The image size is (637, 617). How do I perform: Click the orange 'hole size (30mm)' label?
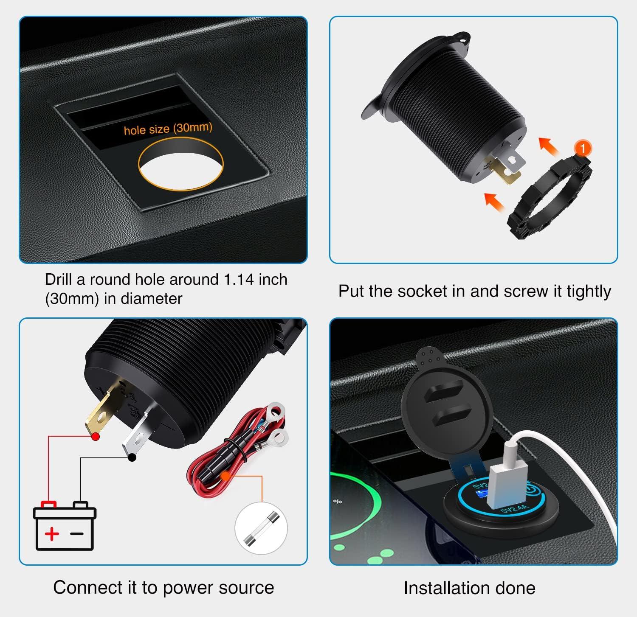(x=168, y=128)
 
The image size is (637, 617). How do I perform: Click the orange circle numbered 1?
(x=582, y=149)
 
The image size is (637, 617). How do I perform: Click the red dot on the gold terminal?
(x=96, y=436)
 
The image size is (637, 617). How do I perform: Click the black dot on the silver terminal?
(x=132, y=457)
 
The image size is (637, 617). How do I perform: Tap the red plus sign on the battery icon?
(x=52, y=533)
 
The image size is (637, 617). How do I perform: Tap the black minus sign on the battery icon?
(x=77, y=533)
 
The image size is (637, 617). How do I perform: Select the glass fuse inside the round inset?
(x=261, y=528)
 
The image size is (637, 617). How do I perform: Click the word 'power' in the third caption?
(x=188, y=588)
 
